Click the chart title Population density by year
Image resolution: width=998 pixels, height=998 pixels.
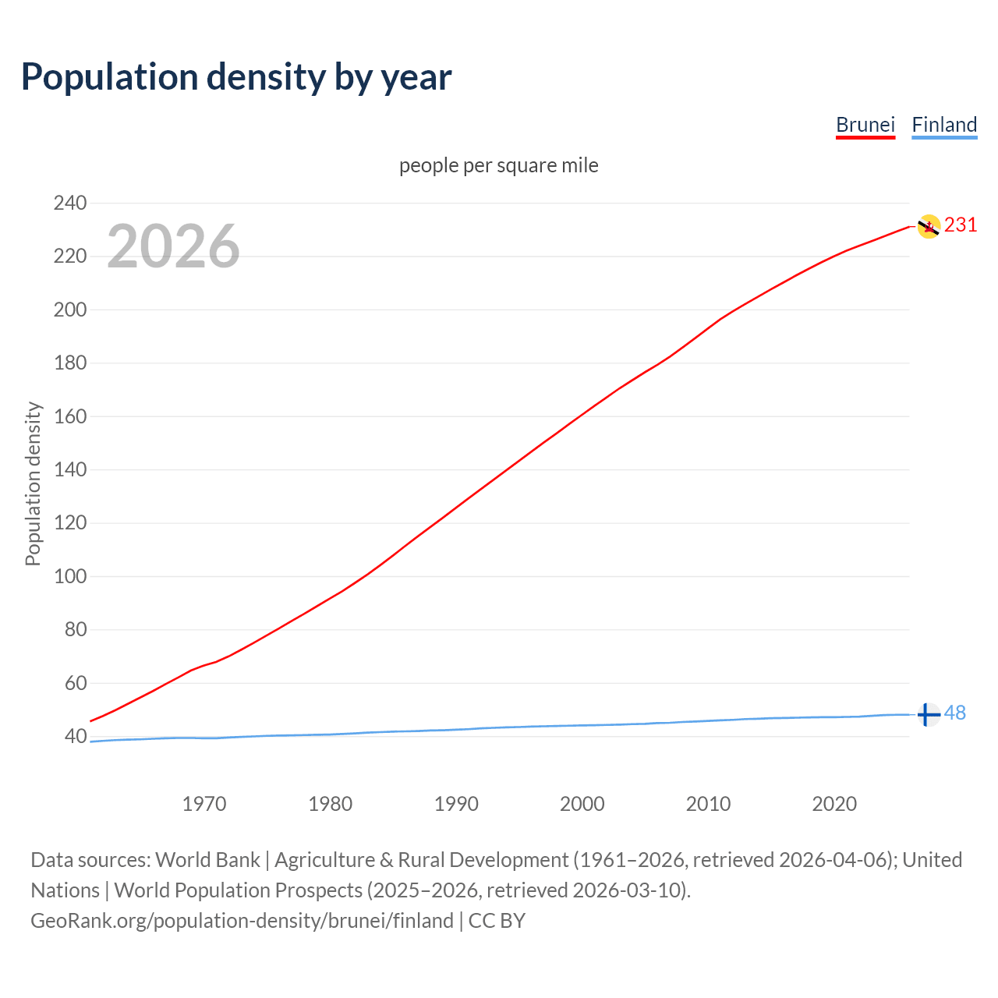click(x=236, y=77)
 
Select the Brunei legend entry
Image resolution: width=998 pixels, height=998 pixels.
click(x=865, y=125)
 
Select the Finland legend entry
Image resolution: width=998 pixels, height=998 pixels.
click(x=944, y=125)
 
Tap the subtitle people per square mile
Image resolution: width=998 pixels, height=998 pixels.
click(x=498, y=166)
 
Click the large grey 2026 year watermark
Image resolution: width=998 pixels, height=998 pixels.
click(x=173, y=246)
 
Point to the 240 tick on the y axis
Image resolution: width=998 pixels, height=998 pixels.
click(x=70, y=203)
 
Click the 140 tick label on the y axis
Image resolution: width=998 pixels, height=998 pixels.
click(x=70, y=470)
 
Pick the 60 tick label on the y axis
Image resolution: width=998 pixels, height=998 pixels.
click(x=75, y=684)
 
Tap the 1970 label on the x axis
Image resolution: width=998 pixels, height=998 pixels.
click(x=204, y=804)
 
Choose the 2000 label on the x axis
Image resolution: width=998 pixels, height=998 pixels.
click(x=582, y=804)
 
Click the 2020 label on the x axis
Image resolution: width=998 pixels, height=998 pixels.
click(x=834, y=804)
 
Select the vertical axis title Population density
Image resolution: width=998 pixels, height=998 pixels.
click(x=33, y=483)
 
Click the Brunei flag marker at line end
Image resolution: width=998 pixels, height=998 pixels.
click(x=928, y=226)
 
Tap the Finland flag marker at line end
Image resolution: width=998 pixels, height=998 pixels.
click(x=927, y=714)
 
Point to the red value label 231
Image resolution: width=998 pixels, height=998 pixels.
click(x=961, y=225)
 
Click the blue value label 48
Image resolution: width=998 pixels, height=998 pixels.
click(x=955, y=713)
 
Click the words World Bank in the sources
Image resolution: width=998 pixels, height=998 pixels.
click(x=207, y=860)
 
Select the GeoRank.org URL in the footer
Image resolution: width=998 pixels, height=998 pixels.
click(x=242, y=921)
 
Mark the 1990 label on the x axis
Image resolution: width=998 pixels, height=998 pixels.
click(x=456, y=804)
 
